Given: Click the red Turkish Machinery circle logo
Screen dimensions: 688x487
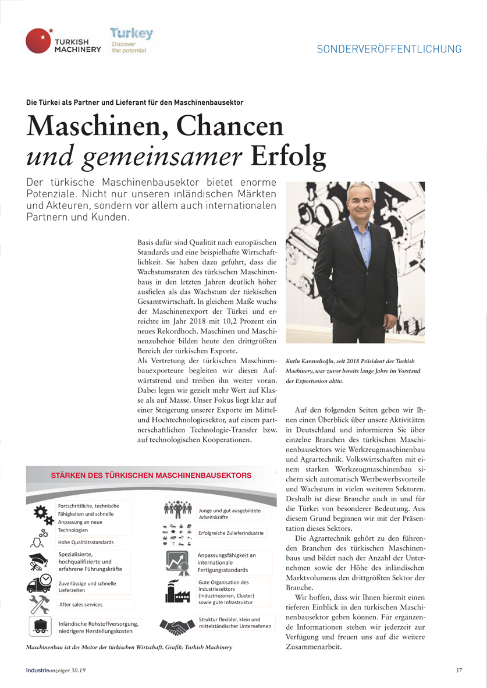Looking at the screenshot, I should click(x=39, y=41).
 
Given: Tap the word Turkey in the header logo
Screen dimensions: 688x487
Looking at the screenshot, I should click(x=132, y=33).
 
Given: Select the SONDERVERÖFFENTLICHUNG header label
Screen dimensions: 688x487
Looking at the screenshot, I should click(x=389, y=49).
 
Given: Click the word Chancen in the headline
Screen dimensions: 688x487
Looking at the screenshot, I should click(x=230, y=126).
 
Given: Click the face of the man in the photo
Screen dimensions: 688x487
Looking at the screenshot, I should click(x=361, y=204).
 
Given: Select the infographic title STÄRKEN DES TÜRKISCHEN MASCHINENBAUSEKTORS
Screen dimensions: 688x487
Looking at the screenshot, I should click(x=151, y=475).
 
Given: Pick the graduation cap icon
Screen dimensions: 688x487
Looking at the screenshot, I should click(x=38, y=562).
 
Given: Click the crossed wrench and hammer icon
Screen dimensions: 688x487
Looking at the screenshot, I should click(x=39, y=604).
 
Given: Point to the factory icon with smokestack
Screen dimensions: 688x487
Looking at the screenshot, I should click(x=177, y=590).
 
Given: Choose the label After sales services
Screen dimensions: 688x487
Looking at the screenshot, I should click(x=81, y=605).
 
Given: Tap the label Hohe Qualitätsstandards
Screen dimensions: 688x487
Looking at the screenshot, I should click(x=86, y=542).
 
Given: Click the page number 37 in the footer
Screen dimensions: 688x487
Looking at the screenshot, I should click(x=458, y=670).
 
